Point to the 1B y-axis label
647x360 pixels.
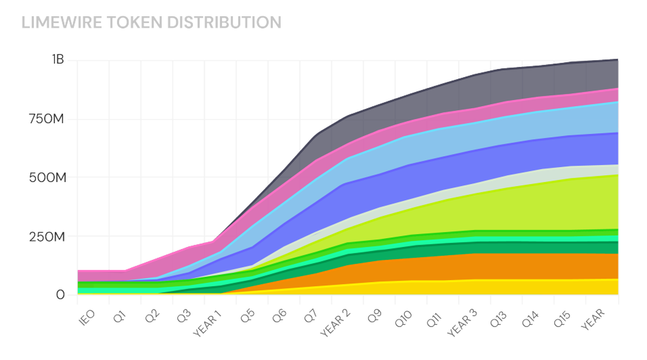point(58,60)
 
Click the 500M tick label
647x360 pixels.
point(47,177)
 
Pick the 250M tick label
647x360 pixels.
point(47,237)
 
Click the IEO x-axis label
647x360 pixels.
point(86,316)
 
